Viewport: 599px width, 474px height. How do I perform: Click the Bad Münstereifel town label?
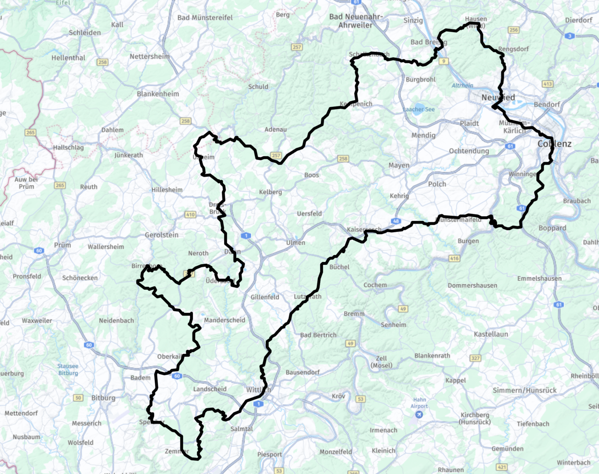(205, 18)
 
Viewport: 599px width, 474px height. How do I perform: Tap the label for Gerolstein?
(162, 235)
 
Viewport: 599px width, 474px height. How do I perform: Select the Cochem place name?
(375, 285)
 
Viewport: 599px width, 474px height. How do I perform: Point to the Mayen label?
(399, 165)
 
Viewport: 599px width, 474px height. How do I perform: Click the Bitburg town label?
(103, 398)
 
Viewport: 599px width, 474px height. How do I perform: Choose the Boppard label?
(552, 228)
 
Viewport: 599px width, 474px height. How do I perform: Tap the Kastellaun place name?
(491, 334)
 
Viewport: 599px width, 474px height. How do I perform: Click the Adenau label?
(275, 129)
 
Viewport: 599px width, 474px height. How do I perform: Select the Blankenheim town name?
(158, 94)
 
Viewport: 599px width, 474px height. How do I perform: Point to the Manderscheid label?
(225, 320)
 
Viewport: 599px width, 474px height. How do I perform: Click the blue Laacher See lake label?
(419, 109)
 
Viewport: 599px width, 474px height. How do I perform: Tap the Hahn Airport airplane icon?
(419, 414)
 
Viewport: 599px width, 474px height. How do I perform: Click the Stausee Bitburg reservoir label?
(68, 370)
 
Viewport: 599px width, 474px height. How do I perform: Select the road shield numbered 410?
(190, 215)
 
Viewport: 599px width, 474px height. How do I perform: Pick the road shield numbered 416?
(454, 258)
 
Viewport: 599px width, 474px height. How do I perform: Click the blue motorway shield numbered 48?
(396, 221)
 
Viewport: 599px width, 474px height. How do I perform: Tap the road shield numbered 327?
(475, 358)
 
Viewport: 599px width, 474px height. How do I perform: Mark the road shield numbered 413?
(548, 84)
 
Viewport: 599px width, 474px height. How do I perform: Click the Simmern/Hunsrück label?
(524, 390)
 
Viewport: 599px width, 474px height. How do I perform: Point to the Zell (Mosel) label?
(381, 362)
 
